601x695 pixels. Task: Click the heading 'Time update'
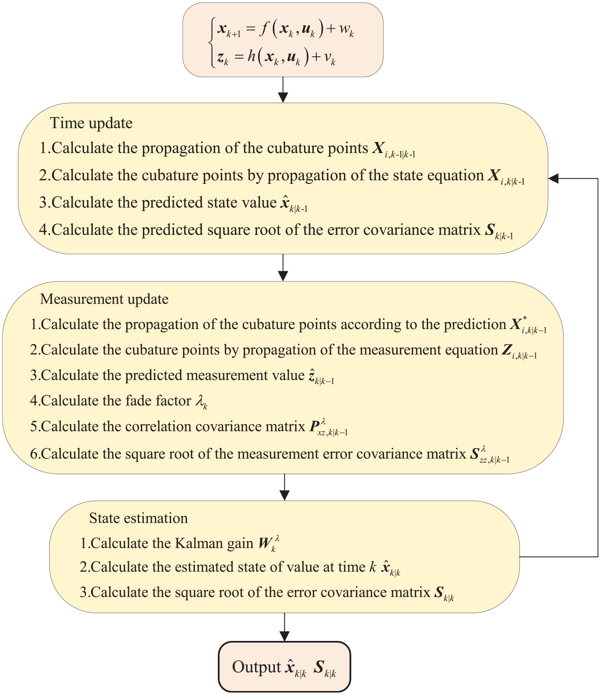click(91, 124)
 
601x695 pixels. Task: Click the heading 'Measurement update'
click(104, 299)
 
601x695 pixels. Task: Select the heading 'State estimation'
click(138, 518)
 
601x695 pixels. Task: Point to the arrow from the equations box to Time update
click(283, 90)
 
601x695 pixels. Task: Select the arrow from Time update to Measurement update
click(283, 267)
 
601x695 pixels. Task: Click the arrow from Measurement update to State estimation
click(285, 487)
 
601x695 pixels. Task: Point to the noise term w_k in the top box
click(346, 31)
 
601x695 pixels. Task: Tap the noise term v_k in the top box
click(330, 59)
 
